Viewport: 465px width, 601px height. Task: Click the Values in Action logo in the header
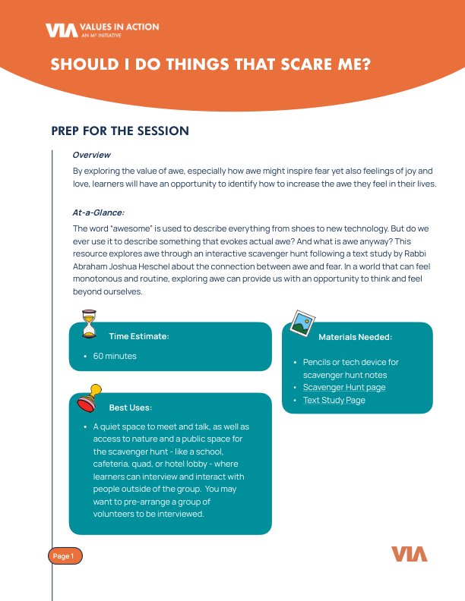(102, 30)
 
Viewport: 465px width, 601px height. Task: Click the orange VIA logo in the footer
(410, 554)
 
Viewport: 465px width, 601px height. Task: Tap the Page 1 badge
(64, 556)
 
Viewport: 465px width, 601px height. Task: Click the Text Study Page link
(334, 400)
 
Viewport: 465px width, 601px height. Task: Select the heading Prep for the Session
(120, 131)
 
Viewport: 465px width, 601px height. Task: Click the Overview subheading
(91, 155)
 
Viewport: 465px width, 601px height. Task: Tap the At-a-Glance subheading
(98, 213)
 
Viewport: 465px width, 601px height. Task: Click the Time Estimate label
(138, 336)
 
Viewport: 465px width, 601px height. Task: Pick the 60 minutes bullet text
(115, 356)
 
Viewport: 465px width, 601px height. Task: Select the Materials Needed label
(355, 336)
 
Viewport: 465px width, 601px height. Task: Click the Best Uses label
(130, 407)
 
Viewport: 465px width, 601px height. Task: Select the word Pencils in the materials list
(318, 363)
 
